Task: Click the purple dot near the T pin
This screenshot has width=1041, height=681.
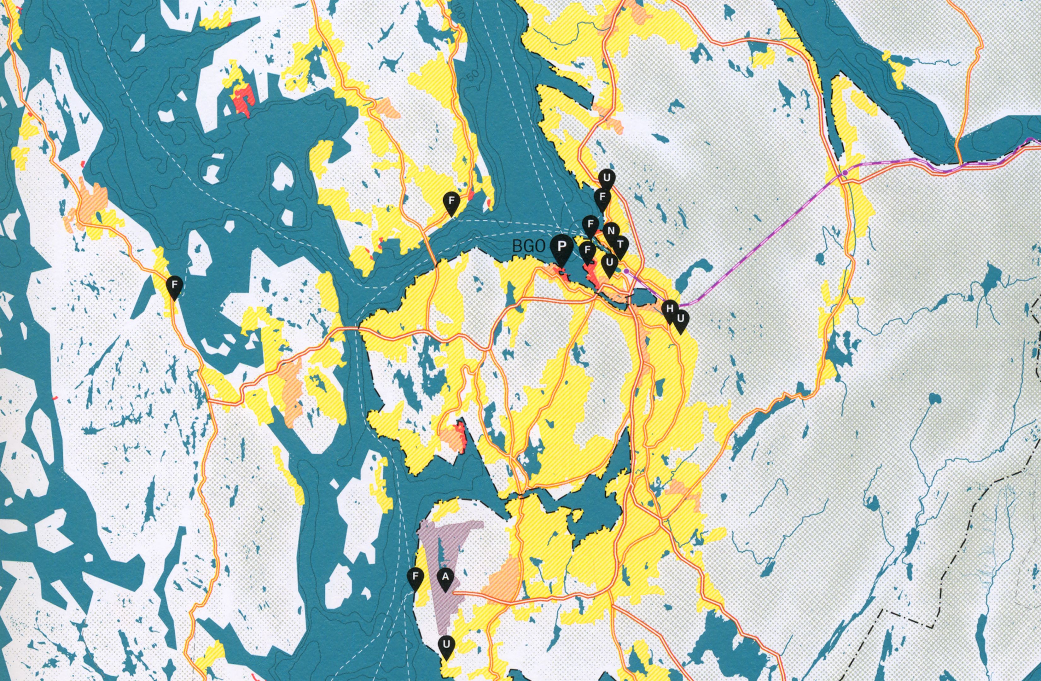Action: pyautogui.click(x=626, y=272)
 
